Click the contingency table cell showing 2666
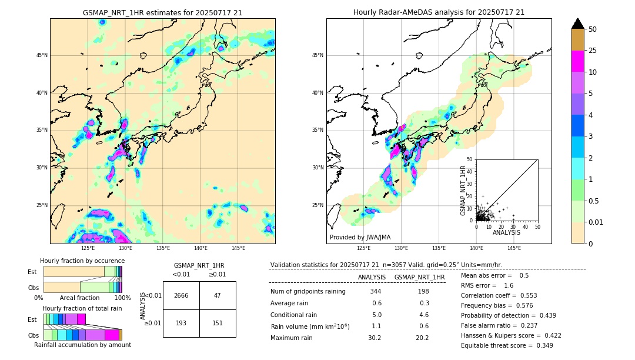tap(181, 295)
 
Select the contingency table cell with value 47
tap(218, 295)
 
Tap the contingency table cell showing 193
tap(181, 323)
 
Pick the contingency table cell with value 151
tap(218, 323)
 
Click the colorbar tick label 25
tap(593, 51)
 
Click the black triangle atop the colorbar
tap(578, 24)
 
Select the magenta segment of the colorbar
tap(578, 61)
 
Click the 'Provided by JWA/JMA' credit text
tap(360, 237)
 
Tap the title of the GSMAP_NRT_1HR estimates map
tap(162, 12)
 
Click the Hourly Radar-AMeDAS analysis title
tap(439, 12)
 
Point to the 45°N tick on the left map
tap(42, 55)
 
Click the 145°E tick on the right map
tap(514, 248)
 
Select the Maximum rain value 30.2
tap(374, 338)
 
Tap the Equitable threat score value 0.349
tap(542, 345)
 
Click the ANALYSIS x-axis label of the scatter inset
tap(506, 232)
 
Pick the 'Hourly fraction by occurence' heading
tap(82, 261)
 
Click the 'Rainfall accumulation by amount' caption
tap(82, 345)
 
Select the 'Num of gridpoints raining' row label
tap(308, 291)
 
